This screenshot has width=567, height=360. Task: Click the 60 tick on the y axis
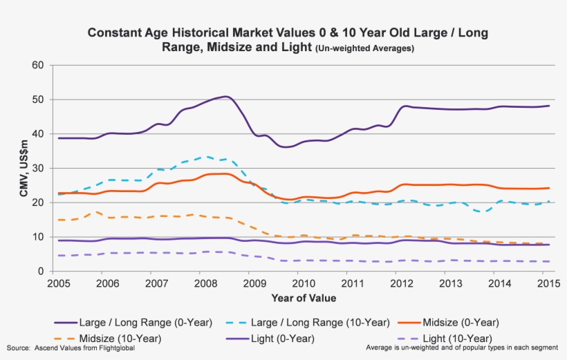point(38,66)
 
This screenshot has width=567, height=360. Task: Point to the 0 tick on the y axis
point(41,272)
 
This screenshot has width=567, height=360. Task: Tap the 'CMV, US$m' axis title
point(24,169)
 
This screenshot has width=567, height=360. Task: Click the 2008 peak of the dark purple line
point(225,96)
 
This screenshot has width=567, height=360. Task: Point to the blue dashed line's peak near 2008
point(205,156)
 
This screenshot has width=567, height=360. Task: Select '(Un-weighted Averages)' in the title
point(364,48)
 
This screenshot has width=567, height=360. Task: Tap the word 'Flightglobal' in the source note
point(114,348)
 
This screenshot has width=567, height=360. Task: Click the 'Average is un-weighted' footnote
point(466,348)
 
